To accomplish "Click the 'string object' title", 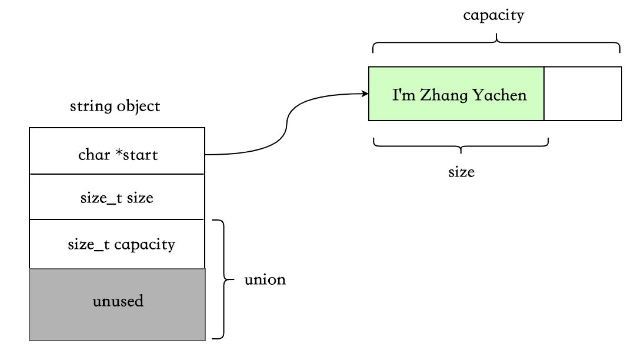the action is click(x=115, y=106).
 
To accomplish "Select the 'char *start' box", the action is click(x=117, y=151).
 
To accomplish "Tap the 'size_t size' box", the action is click(x=117, y=197).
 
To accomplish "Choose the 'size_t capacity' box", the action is click(x=117, y=244).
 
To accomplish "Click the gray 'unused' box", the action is click(x=117, y=305).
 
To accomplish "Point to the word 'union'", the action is click(x=265, y=279).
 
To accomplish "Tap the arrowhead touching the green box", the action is click(x=365, y=94).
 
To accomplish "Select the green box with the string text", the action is click(x=456, y=94).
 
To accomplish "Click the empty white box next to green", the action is click(x=583, y=94).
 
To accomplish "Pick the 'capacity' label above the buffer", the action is click(x=493, y=15).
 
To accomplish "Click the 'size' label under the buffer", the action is click(x=461, y=172).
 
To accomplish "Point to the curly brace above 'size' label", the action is click(x=461, y=146).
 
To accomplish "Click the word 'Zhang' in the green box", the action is click(x=444, y=96).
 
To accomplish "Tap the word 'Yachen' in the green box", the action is click(x=499, y=95).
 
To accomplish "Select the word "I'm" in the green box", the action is click(x=403, y=95).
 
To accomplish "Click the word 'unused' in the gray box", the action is click(x=118, y=301).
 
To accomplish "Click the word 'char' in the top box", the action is click(x=94, y=155).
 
